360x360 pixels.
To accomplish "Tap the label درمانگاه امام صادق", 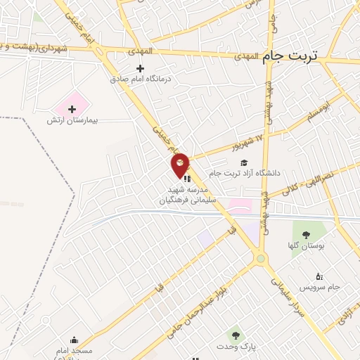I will pos(141,79).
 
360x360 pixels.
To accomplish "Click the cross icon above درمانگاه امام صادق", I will pos(141,68).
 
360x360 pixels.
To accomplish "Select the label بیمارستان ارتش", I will pos(71,121).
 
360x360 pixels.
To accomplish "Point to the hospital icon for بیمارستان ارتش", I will pos(72,109).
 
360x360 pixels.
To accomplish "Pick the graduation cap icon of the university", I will pos(244,162).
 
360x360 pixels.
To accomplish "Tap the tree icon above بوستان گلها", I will pos(304,234).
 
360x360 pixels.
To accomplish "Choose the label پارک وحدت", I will pos(238,347).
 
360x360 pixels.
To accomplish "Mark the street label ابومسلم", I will pos(316,111).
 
